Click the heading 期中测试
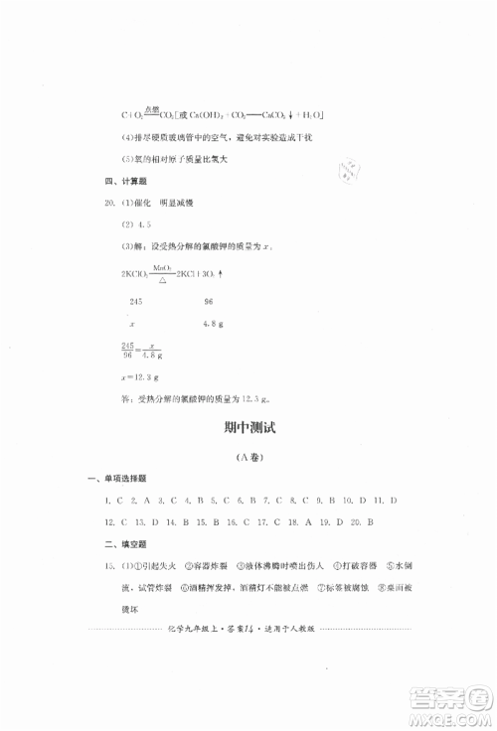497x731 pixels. point(248,429)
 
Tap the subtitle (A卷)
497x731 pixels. point(248,459)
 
